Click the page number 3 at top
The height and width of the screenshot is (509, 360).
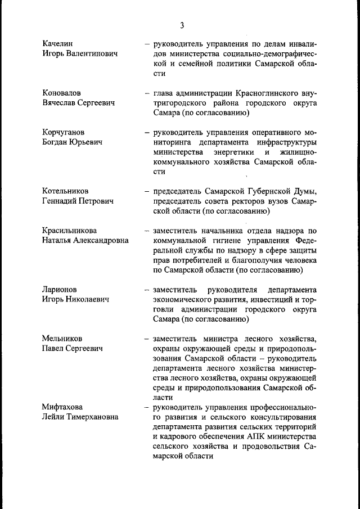(x=182, y=25)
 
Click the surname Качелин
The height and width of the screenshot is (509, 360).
(x=58, y=43)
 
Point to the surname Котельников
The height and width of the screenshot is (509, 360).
(x=65, y=191)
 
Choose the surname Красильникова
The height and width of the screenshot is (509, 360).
(x=69, y=230)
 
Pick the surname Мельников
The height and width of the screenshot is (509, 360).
(x=62, y=339)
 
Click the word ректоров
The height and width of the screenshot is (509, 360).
(x=254, y=201)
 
